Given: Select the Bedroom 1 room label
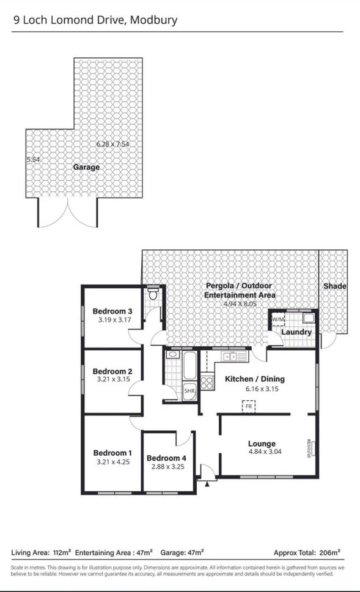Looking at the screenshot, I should pos(112,453).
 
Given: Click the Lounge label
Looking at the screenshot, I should pos(262,444).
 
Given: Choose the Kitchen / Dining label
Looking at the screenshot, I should pos(255,379).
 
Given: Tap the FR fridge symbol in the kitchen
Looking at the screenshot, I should pos(249,406).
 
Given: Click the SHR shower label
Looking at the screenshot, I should pos(189,391).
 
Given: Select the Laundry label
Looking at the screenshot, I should pos(296,332).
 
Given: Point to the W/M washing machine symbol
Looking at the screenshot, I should pos(277,319).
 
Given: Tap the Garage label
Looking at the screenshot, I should pos(86,167).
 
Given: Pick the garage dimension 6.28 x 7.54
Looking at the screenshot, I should pos(113,144).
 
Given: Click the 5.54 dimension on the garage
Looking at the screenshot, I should pos(33,159).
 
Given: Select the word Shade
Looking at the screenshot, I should pos(335,286).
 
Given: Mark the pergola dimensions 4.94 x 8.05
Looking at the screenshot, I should pos(240,303).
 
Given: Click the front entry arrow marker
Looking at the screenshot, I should pos(208,483).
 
